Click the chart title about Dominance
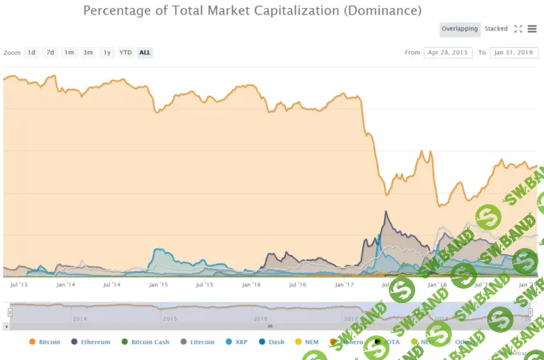click(x=252, y=10)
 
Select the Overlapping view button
click(x=460, y=29)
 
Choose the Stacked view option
click(x=496, y=29)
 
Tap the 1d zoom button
click(x=31, y=53)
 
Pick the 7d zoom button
click(x=50, y=53)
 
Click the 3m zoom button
click(x=88, y=53)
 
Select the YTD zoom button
click(x=126, y=53)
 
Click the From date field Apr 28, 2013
click(x=446, y=53)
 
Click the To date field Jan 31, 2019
click(x=513, y=53)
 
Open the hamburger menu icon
click(x=532, y=29)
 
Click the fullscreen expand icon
click(x=518, y=29)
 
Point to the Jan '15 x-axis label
click(x=158, y=284)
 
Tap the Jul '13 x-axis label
click(x=19, y=284)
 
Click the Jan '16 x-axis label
click(x=251, y=284)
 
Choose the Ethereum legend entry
click(x=90, y=342)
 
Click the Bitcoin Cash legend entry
click(x=146, y=342)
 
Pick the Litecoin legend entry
click(x=198, y=342)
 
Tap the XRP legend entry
click(x=237, y=342)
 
